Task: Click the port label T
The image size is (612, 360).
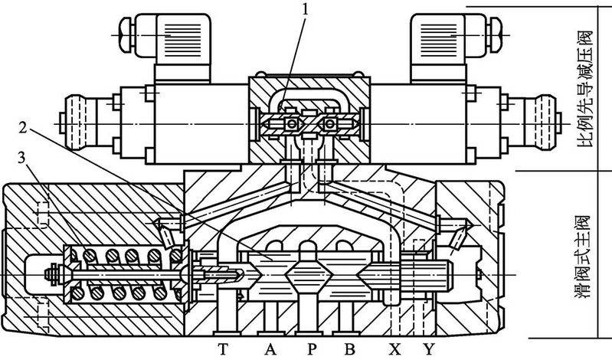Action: pyautogui.click(x=223, y=349)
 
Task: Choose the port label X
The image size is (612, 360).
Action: pyautogui.click(x=394, y=349)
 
